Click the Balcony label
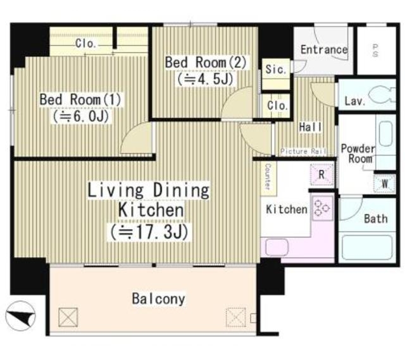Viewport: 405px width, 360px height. pyautogui.click(x=159, y=299)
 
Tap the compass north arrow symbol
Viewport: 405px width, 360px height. pyautogui.click(x=21, y=316)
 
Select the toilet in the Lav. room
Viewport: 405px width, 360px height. pyautogui.click(x=382, y=94)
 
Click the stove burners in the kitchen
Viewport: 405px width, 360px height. pyautogui.click(x=322, y=208)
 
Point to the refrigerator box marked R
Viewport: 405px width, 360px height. pyautogui.click(x=322, y=175)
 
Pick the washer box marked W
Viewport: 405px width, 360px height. pyautogui.click(x=385, y=183)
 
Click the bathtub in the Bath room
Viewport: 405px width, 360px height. pyautogui.click(x=367, y=247)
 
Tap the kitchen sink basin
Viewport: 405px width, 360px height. pyautogui.click(x=277, y=247)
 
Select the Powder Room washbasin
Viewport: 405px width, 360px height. pyautogui.click(x=386, y=134)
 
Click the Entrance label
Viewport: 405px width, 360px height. pyautogui.click(x=324, y=49)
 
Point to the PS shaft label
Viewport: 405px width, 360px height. pyautogui.click(x=375, y=51)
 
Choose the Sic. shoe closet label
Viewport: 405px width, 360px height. pyautogui.click(x=276, y=69)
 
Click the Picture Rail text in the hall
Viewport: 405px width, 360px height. pyautogui.click(x=303, y=151)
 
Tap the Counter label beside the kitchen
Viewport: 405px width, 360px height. pyautogui.click(x=268, y=177)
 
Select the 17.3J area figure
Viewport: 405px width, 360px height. pyautogui.click(x=149, y=232)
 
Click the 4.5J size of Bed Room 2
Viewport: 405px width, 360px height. pyautogui.click(x=205, y=78)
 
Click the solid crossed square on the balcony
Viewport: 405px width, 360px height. pyautogui.click(x=68, y=317)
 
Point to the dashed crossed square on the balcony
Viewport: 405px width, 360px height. pyautogui.click(x=235, y=317)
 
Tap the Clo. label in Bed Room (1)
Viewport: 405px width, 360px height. pyautogui.click(x=86, y=44)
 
